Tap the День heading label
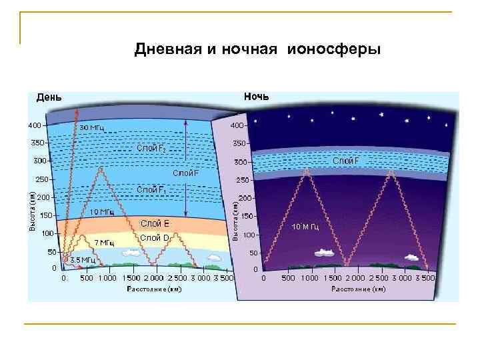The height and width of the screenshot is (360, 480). [49, 97]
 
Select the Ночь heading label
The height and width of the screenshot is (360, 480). [256, 97]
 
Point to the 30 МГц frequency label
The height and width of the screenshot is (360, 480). [91, 127]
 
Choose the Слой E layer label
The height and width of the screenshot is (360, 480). [155, 223]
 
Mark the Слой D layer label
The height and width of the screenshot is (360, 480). [155, 238]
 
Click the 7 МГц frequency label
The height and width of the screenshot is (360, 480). [103, 242]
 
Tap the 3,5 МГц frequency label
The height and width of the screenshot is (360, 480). [83, 259]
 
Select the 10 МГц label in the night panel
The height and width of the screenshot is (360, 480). [306, 227]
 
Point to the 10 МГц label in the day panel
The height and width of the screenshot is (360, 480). [101, 212]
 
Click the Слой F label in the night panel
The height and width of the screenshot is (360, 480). [345, 161]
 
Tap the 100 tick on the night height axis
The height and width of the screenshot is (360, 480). [249, 235]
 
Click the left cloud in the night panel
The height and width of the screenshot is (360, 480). [323, 252]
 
